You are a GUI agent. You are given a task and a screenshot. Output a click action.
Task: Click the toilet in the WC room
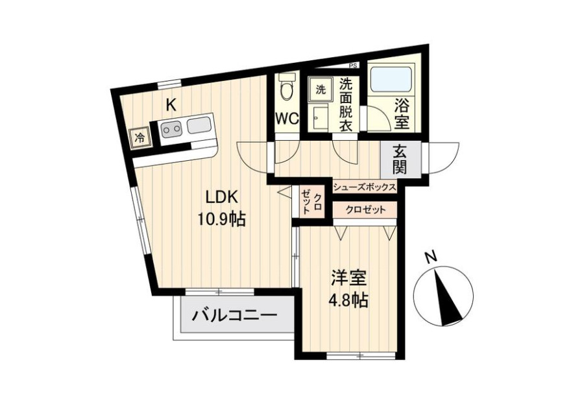pyautogui.click(x=287, y=87)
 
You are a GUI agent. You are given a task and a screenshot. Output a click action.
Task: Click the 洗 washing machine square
pyautogui.click(x=321, y=89)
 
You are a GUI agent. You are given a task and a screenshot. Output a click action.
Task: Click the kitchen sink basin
pyautogui.click(x=199, y=125)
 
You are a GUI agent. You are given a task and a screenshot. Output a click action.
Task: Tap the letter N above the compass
pyautogui.click(x=431, y=257)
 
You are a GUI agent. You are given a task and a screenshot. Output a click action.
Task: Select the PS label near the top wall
pyautogui.click(x=353, y=66)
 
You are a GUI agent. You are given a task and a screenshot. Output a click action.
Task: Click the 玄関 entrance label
pyautogui.click(x=400, y=160)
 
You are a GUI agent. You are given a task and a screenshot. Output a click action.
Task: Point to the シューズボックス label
pyautogui.click(x=364, y=187)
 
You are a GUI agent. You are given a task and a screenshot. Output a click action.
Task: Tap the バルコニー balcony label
pyautogui.click(x=235, y=316)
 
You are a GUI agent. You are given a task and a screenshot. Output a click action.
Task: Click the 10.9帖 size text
pyautogui.click(x=221, y=220)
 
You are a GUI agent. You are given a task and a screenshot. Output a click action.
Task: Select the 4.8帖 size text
pyautogui.click(x=348, y=300)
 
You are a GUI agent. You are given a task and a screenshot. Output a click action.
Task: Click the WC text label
pyautogui.click(x=287, y=119)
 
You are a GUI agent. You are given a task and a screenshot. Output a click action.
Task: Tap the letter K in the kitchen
pyautogui.click(x=171, y=104)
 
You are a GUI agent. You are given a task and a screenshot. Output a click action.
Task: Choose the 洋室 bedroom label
pyautogui.click(x=349, y=278)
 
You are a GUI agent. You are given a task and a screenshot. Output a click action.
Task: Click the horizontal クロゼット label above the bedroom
pyautogui.click(x=365, y=210)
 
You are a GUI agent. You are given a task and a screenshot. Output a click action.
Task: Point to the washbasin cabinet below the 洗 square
pyautogui.click(x=321, y=117)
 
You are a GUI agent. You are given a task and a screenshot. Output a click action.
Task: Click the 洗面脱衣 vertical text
pyautogui.click(x=346, y=104)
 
